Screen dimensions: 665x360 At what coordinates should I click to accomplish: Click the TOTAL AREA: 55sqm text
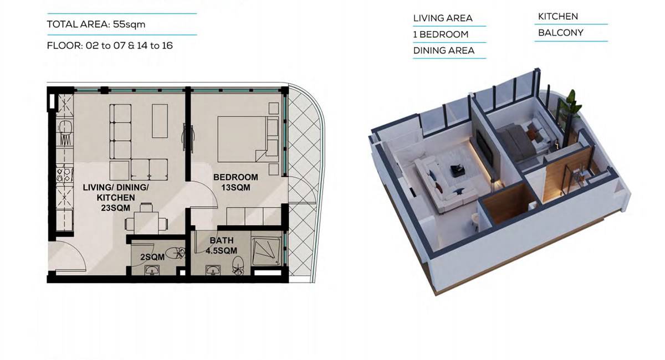(96, 24)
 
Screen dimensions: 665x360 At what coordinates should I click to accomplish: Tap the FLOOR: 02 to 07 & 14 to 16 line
(110, 46)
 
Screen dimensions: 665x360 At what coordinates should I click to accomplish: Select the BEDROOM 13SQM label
(236, 182)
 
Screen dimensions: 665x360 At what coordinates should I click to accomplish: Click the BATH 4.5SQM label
(222, 245)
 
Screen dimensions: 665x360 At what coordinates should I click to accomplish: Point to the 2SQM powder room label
(152, 257)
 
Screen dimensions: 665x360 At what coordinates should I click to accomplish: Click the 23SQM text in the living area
(115, 208)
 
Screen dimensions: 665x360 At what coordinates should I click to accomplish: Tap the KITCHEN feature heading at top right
(558, 17)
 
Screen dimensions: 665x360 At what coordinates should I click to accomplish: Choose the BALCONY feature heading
(560, 33)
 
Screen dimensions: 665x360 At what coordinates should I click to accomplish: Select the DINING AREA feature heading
(443, 50)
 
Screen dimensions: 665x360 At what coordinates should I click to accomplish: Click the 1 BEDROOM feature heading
(441, 34)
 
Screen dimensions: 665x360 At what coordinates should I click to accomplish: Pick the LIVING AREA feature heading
(443, 18)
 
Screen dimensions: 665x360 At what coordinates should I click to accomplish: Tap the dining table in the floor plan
(146, 223)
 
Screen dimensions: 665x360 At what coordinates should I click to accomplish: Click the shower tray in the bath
(266, 251)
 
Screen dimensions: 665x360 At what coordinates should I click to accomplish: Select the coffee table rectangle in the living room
(160, 121)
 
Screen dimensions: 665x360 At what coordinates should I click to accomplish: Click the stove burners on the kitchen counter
(64, 175)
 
